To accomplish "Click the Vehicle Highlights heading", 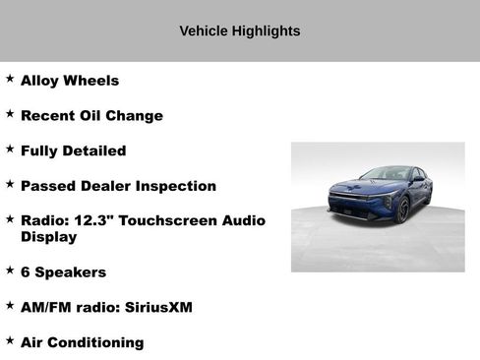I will coord(240,30).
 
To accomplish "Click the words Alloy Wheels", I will coord(70,81).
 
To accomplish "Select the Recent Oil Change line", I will coord(91,116).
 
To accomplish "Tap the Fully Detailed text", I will coord(73,151).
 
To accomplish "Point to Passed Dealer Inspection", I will coord(118,186).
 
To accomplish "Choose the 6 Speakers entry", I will coord(63,272).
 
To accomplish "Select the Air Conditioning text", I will coord(82,343).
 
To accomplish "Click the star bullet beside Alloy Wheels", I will coord(10,79).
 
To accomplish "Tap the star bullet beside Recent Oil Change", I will coord(10,114).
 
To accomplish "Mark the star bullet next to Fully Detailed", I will coord(10,150).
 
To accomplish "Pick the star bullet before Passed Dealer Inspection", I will coord(10,184).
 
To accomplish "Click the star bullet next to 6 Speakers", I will coord(10,270).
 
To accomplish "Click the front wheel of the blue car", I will coord(401,209).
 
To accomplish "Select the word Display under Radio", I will coord(48,237).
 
